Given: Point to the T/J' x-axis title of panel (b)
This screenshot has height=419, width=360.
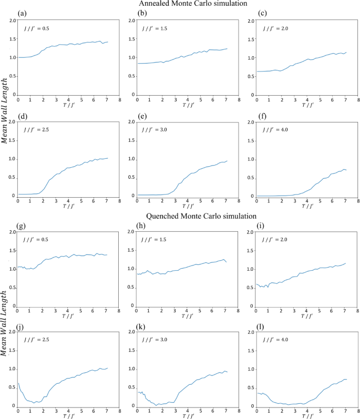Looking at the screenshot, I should (x=188, y=104).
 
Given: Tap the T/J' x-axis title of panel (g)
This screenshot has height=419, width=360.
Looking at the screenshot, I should (x=69, y=315).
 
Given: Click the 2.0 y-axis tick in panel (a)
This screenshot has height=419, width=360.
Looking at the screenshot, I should (x=12, y=21).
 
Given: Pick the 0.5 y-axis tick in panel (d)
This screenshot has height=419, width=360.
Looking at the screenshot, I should (x=12, y=177).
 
